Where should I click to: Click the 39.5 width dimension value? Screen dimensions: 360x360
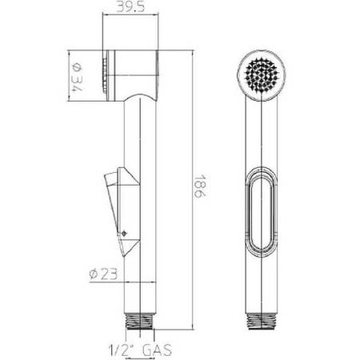coord(130,7)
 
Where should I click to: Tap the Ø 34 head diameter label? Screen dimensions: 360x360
coord(77,76)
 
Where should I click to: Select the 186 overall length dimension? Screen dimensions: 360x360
coord(200,186)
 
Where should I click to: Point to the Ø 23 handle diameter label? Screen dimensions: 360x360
coord(103,274)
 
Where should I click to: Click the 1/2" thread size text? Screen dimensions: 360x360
coord(122,350)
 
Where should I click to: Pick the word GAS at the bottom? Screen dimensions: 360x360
coord(157,350)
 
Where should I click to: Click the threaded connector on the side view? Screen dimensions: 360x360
coord(140,322)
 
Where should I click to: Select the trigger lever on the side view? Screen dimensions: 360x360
coord(122,210)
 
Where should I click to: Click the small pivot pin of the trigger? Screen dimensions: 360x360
coord(124,234)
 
